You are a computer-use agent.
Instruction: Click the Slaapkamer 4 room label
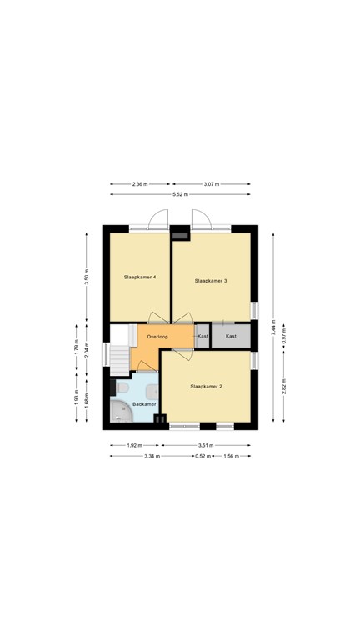tap(141, 276)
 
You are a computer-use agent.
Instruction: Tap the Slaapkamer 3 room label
tap(211, 281)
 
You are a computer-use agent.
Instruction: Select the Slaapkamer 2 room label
tap(206, 387)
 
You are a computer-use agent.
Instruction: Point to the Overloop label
tap(157, 336)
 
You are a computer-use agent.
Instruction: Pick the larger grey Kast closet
tap(231, 336)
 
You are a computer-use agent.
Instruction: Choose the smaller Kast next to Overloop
tap(202, 336)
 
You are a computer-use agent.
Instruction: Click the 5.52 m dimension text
tap(180, 194)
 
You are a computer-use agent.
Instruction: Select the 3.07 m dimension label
tap(212, 183)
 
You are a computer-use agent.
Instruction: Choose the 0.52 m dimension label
tap(203, 456)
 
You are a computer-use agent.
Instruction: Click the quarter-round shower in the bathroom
tap(121, 412)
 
